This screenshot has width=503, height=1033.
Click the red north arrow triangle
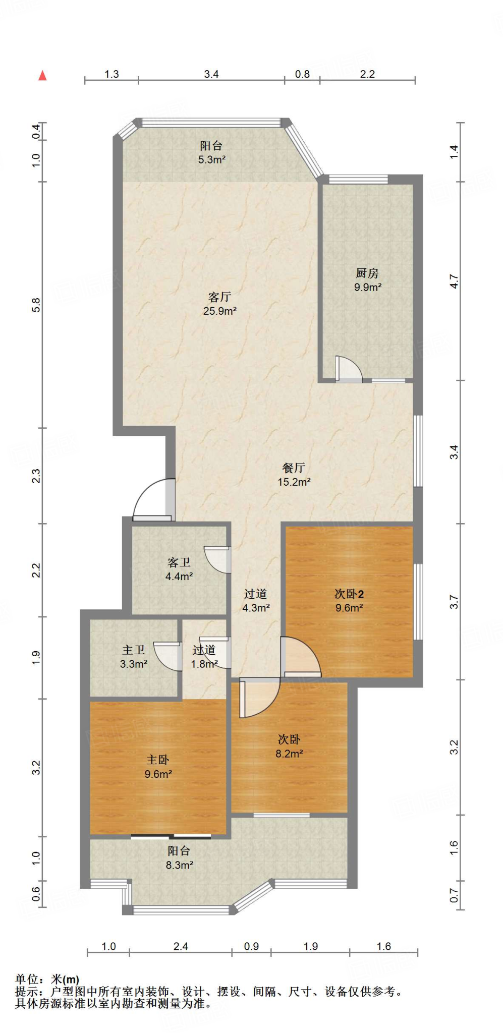[43, 76]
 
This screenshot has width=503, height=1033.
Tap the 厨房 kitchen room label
[367, 273]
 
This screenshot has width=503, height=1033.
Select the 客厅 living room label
[220, 297]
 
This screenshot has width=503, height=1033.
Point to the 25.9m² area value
[220, 311]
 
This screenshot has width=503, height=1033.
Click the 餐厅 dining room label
[294, 468]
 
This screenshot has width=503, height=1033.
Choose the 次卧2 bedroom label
[349, 594]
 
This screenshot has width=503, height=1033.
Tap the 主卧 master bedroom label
[158, 760]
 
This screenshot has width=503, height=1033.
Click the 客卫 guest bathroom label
[179, 562]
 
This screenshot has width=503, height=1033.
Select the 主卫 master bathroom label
[134, 650]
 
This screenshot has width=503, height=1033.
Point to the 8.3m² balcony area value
[180, 865]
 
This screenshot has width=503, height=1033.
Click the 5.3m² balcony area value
[211, 160]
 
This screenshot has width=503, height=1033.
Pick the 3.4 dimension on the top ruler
[211, 74]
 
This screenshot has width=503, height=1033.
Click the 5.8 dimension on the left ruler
[36, 305]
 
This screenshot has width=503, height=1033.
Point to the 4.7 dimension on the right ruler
[454, 281]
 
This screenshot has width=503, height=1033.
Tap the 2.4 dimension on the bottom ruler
[181, 946]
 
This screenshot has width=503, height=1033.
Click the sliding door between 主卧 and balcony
[171, 837]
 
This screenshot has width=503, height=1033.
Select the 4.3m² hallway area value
[256, 608]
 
